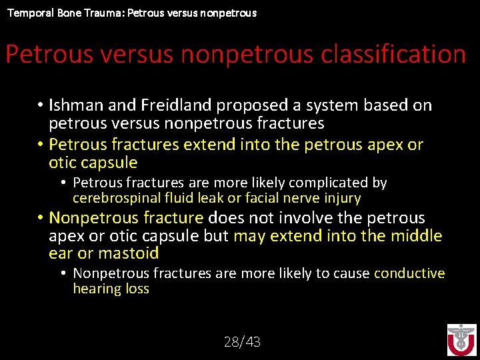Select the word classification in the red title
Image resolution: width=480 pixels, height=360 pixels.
[x=393, y=54]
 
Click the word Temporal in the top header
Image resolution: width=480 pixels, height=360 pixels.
[x=27, y=13]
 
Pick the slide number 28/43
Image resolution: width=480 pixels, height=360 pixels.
[x=242, y=342]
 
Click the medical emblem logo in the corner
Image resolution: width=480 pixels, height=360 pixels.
[x=461, y=339]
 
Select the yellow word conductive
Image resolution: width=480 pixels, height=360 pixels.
[x=409, y=273]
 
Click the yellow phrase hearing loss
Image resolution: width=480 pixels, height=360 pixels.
[x=111, y=289]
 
